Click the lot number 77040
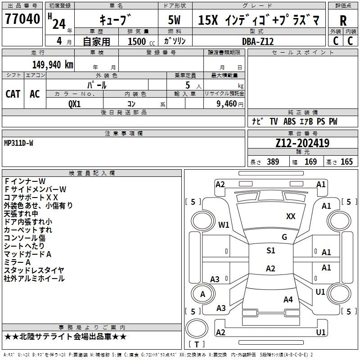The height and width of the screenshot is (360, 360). click(22, 19)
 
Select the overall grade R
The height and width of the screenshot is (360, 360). click(343, 21)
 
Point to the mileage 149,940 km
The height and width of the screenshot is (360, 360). click(53, 65)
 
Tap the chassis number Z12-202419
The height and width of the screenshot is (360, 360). click(302, 143)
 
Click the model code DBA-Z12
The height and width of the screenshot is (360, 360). click(258, 41)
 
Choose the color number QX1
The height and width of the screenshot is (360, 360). click(74, 104)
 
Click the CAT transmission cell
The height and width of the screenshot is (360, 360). click(13, 94)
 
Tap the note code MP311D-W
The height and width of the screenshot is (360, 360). click(18, 143)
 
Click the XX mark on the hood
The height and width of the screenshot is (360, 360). click(291, 216)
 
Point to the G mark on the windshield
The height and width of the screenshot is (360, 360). click(284, 237)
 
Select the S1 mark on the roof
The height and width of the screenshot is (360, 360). click(271, 250)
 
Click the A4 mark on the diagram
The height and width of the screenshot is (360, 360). click(288, 299)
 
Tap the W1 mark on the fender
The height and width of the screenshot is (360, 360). click(224, 225)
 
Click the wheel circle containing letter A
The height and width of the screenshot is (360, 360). click(203, 294)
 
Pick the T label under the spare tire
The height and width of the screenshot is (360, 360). click(197, 344)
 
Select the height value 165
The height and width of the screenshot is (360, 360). click(346, 162)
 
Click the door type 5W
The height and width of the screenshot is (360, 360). click(174, 20)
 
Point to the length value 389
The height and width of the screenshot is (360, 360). click(273, 162)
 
